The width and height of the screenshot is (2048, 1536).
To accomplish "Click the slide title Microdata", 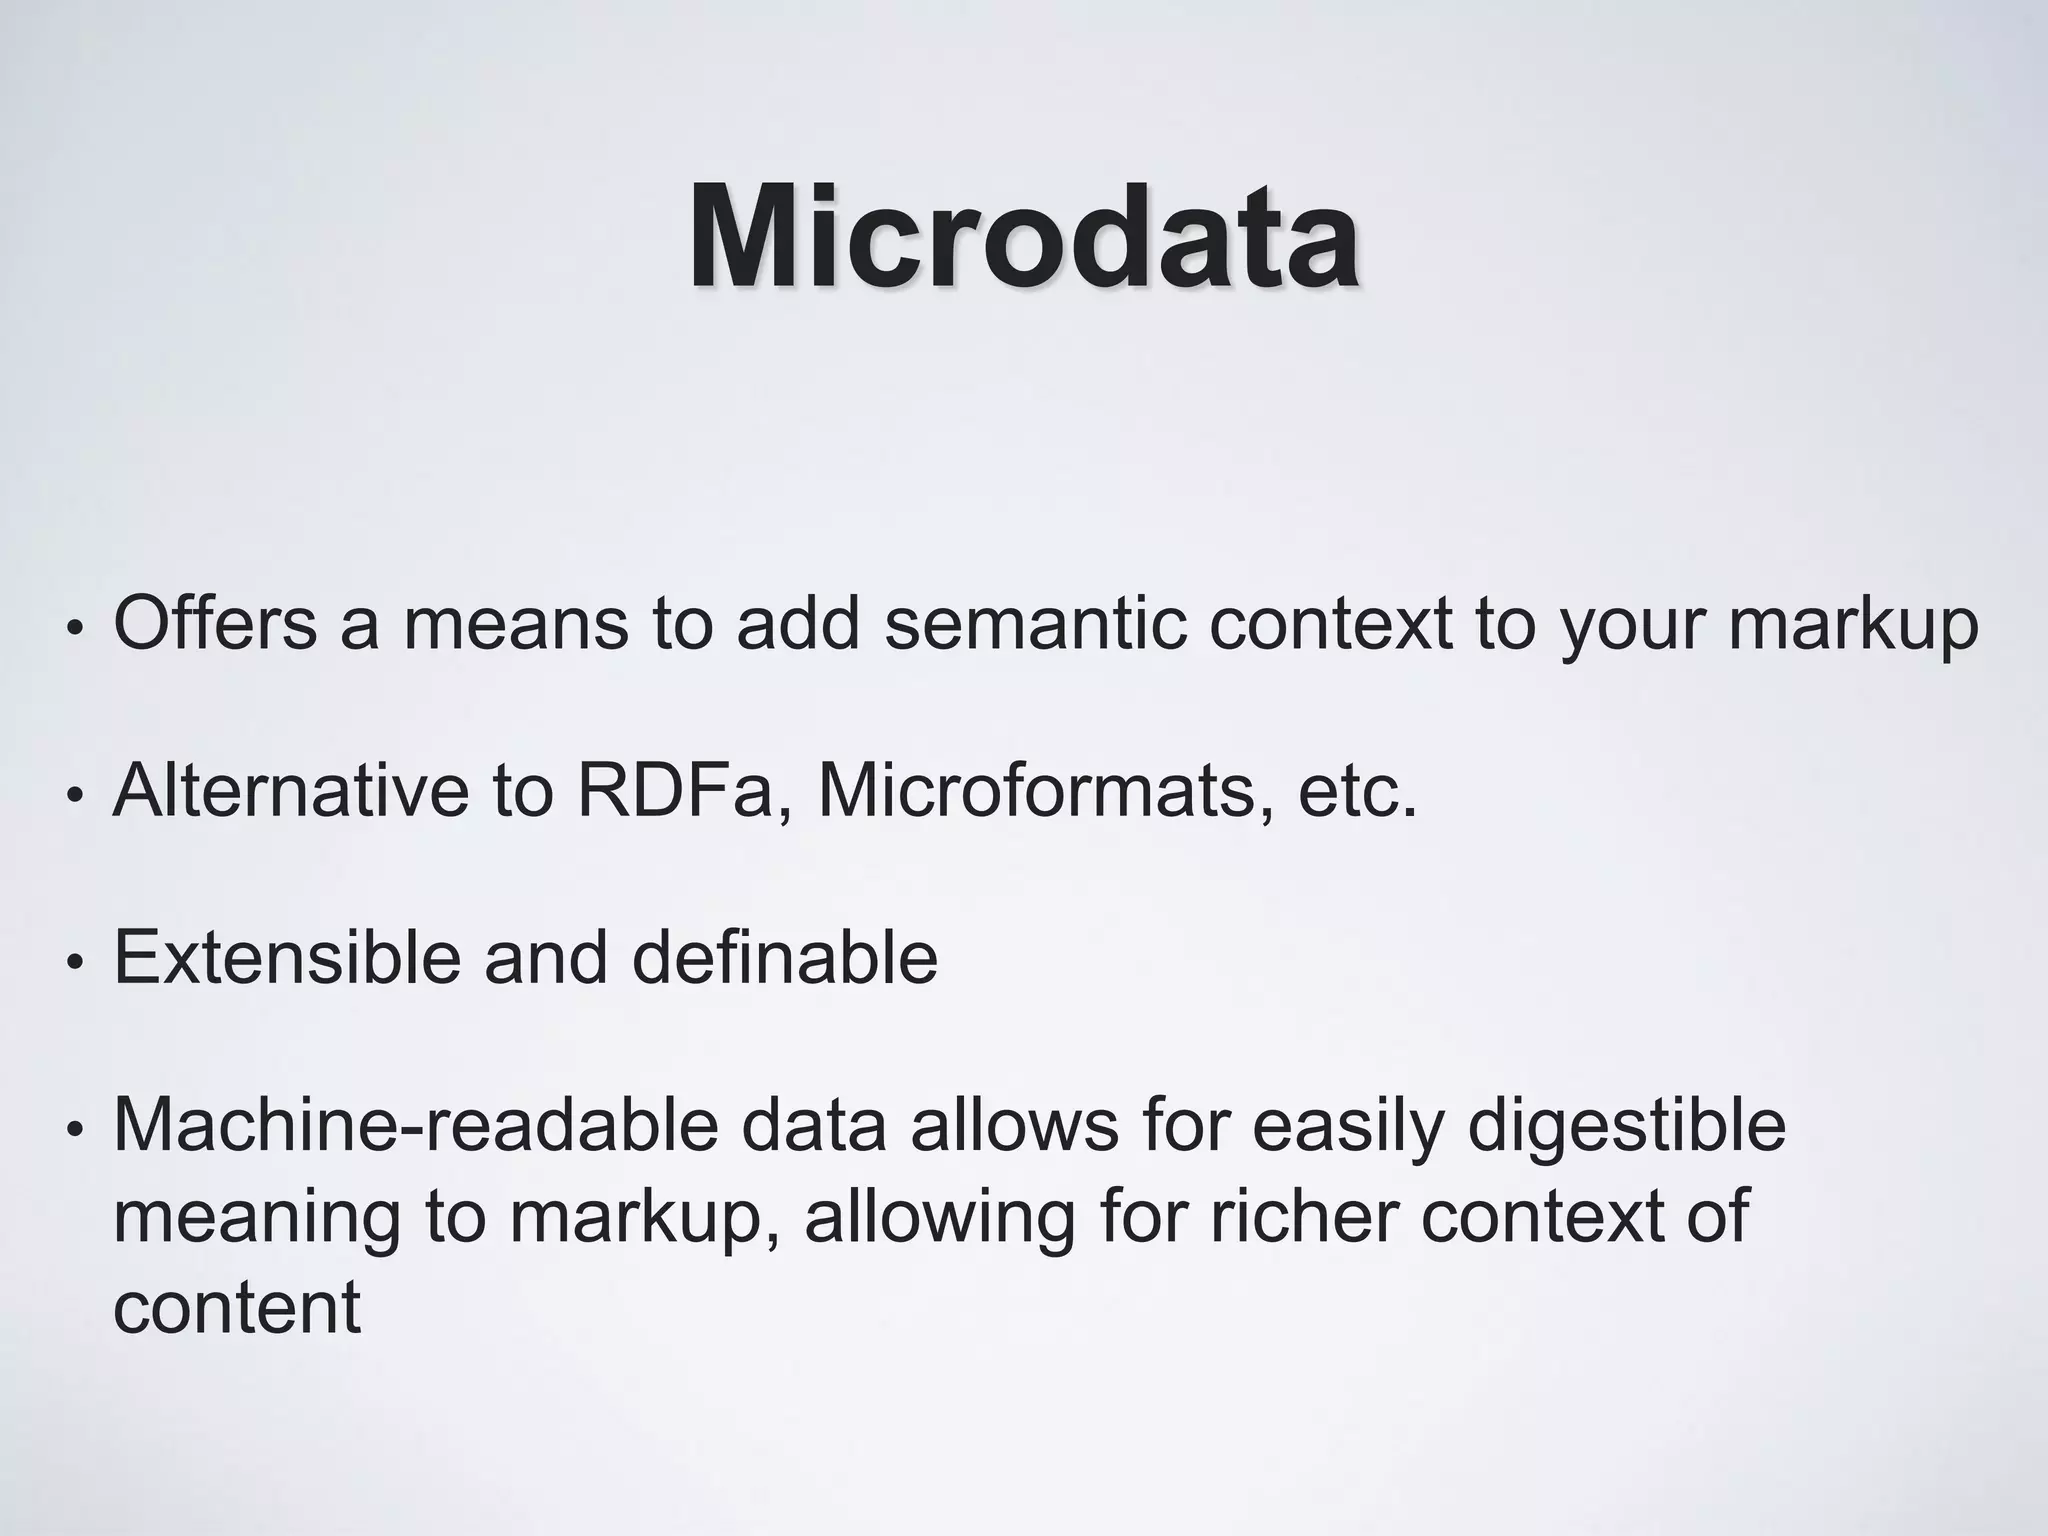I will tap(1023, 238).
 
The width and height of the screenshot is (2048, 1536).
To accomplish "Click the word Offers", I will tap(215, 622).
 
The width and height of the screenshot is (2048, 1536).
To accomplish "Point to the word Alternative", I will tap(290, 790).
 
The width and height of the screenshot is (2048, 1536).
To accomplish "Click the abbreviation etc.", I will tap(1357, 790).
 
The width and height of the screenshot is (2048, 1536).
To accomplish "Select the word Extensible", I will tap(286, 957).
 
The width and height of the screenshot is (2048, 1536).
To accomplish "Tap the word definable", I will tap(784, 957).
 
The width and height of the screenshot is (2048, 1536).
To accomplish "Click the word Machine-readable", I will tap(416, 1125).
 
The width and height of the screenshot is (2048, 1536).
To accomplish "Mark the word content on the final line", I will tap(236, 1306).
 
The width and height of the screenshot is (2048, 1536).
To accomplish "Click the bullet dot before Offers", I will tap(72, 629).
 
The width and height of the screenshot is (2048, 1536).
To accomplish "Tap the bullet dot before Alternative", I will tap(72, 797).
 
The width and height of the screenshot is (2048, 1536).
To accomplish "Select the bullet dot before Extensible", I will tap(72, 964).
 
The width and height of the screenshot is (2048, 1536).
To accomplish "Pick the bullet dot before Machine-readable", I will tap(72, 1132).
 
